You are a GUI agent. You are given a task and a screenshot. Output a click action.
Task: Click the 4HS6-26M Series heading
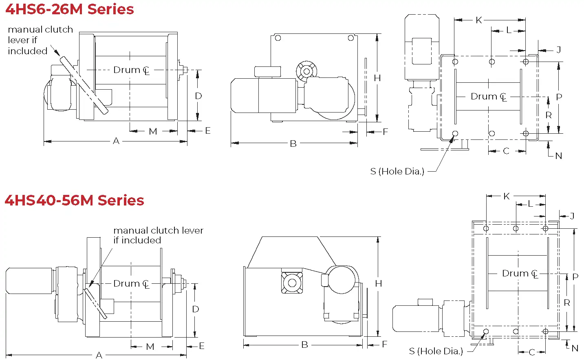tap(70, 9)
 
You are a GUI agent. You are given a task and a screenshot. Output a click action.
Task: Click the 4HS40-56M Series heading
tap(74, 200)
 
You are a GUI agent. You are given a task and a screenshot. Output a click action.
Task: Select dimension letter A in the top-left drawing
tap(116, 141)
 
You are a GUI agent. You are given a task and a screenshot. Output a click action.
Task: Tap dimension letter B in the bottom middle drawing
tap(304, 345)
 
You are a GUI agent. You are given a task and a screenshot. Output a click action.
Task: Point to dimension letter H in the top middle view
tap(377, 78)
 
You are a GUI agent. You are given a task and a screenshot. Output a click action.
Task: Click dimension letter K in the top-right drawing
tap(479, 20)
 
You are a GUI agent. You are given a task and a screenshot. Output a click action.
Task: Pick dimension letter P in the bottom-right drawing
tap(575, 277)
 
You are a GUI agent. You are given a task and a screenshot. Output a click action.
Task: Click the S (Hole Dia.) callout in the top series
tap(397, 171)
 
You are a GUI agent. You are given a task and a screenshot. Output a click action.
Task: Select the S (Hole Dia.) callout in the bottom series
tap(436, 351)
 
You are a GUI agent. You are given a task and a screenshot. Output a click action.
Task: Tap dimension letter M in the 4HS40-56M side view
tap(150, 347)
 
